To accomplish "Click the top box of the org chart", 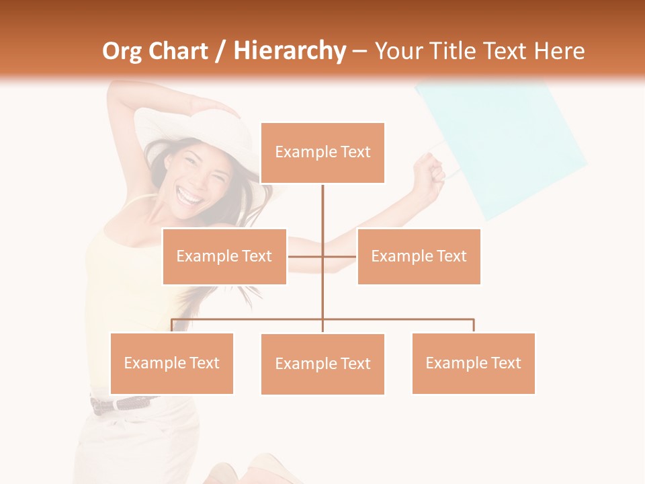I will coord(322,153).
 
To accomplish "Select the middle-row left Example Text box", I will coord(224,256).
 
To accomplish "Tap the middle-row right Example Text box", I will coord(419,256).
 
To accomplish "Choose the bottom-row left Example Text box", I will coord(171,363).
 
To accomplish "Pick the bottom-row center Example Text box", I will coord(322,364).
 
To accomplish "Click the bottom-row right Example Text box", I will coord(473,363).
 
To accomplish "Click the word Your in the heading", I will coord(398,51).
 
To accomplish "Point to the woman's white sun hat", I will coord(195,128).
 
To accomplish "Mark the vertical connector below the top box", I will coord(322,215).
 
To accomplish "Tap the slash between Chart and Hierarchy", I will coord(221,52).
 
